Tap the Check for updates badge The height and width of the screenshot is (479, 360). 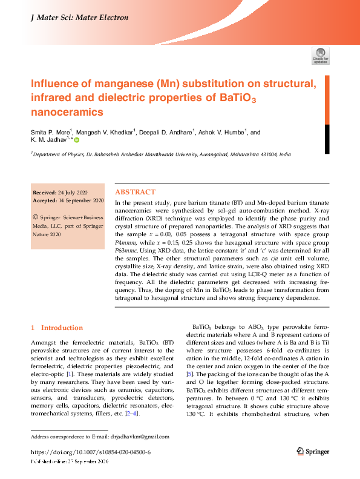(320, 56)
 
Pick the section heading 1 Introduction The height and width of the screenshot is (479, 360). (57, 328)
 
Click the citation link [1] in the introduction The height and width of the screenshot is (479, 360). (71, 374)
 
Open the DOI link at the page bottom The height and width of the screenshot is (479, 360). (90, 452)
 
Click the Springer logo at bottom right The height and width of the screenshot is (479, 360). (312, 451)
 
